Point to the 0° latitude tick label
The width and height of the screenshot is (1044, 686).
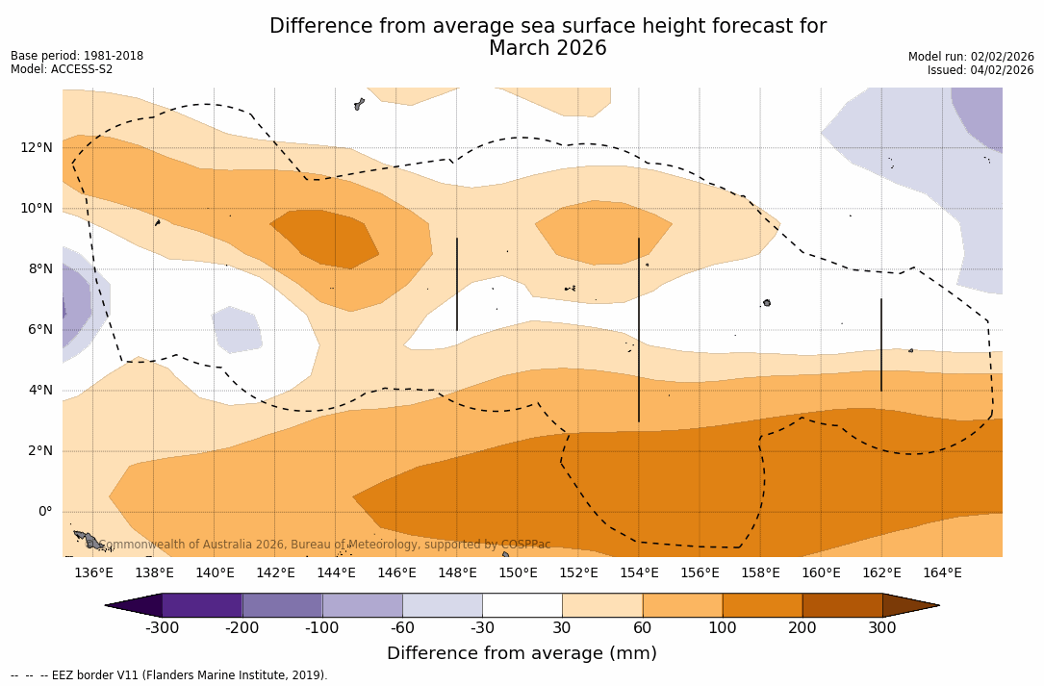tap(44, 511)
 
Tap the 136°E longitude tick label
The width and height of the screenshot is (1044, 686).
tap(93, 573)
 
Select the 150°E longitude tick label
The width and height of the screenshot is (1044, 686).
tap(518, 573)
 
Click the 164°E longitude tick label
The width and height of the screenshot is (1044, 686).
tap(942, 573)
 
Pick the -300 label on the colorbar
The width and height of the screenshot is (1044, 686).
tap(163, 628)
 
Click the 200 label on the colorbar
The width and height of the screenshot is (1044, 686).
tap(802, 628)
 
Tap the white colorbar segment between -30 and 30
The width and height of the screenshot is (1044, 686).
tap(522, 605)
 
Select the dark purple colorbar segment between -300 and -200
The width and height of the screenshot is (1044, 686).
tap(202, 605)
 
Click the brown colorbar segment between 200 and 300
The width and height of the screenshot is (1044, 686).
tap(842, 605)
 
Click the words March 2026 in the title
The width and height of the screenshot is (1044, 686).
tap(547, 48)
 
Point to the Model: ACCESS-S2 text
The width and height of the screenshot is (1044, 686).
tap(62, 69)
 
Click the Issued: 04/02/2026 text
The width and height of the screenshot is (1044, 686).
tap(980, 70)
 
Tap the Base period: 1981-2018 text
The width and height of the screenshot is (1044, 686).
tap(77, 56)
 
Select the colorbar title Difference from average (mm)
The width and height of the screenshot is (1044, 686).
tap(522, 654)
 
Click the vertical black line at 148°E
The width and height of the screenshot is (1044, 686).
tap(457, 284)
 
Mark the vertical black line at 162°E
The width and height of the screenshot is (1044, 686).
tap(881, 344)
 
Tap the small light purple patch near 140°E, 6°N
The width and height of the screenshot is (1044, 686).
tap(237, 330)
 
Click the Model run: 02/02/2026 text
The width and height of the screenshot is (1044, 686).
tap(971, 57)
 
